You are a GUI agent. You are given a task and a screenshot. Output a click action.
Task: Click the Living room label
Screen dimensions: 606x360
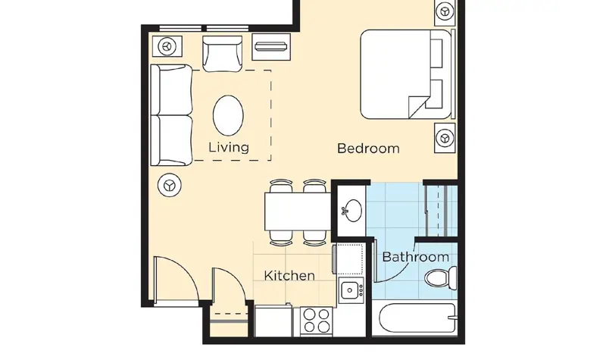pos(229,147)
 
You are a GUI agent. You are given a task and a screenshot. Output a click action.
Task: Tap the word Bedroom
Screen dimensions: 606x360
pos(368,149)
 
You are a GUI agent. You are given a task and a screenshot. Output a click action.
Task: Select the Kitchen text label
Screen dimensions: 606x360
pos(289,276)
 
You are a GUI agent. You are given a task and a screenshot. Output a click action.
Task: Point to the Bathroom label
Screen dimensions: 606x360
pos(415,257)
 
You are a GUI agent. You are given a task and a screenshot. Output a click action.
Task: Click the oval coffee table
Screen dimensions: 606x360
pos(228,115)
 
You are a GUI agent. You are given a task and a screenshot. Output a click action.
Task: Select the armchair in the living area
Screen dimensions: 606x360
pos(222,54)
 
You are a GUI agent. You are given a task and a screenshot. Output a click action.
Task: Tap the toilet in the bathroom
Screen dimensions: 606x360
pos(441,277)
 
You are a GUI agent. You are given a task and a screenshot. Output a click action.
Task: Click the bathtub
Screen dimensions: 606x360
pos(418,318)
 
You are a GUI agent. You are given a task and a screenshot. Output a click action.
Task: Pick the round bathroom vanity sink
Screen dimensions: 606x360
pos(352,211)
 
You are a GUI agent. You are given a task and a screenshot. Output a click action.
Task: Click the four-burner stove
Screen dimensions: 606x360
pos(317,321)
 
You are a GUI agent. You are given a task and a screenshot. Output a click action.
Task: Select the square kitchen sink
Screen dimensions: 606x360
pos(350,290)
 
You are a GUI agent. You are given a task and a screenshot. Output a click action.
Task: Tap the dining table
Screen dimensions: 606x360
pos(298,211)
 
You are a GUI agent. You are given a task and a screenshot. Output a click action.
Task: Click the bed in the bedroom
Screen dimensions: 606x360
pos(406,74)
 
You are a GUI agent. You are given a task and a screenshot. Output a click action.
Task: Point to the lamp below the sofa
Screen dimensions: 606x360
pos(170,185)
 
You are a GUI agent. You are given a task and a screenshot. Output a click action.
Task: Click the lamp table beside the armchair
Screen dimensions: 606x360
pos(167,46)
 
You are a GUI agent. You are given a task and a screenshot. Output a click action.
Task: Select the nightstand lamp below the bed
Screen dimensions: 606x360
pos(445,138)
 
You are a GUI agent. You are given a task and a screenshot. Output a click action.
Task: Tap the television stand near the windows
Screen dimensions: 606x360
pos(271,47)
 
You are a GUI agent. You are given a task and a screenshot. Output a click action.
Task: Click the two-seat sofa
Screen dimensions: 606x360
pos(171,115)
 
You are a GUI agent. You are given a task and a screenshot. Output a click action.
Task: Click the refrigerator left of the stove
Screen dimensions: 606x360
pos(273,321)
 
